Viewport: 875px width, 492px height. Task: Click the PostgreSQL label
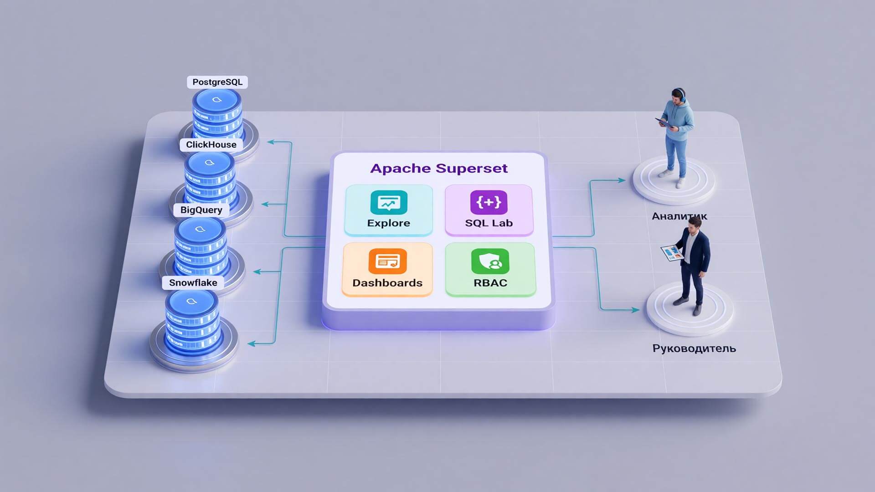point(217,82)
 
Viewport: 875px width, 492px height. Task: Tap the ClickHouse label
point(211,144)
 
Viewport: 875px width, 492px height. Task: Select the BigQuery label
point(201,210)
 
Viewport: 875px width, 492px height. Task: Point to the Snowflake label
point(193,282)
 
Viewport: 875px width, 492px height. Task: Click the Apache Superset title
point(439,168)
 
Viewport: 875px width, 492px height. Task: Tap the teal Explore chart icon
point(389,202)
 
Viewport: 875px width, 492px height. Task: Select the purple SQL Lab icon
point(489,202)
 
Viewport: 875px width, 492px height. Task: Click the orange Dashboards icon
point(387,261)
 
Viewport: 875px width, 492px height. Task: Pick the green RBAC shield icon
point(490,261)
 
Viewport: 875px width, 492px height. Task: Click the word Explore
point(389,223)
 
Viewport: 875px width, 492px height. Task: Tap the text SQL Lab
point(489,223)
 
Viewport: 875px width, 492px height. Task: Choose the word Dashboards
point(387,283)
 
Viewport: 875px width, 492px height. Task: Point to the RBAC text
point(490,283)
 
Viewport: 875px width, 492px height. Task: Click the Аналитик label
point(679,216)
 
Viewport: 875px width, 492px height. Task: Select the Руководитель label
point(694,348)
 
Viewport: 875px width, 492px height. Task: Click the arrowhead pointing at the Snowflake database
point(251,343)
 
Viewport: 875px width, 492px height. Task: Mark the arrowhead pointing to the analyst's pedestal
point(622,180)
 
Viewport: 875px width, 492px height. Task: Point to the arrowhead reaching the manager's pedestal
point(635,310)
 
